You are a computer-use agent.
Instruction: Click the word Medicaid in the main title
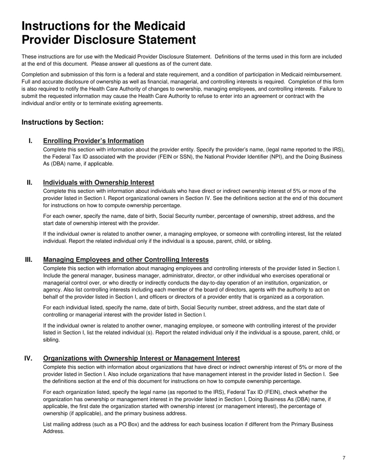[160, 26]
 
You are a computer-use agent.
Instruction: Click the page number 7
[343, 458]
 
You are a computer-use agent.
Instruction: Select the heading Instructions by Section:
[63, 122]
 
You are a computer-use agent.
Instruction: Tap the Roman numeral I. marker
[30, 141]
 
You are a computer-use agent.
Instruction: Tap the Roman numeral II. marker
[29, 182]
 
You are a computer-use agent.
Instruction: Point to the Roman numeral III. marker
[29, 260]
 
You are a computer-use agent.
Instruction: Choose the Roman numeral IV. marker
[29, 358]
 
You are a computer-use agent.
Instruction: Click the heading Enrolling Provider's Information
[93, 141]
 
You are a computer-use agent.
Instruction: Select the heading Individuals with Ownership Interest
[99, 183]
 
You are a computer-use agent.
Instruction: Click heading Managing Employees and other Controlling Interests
[126, 260]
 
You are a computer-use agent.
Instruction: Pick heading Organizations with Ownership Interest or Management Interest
[141, 359]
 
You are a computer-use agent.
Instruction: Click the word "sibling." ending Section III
[51, 340]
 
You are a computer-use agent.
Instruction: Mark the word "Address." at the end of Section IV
[54, 431]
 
